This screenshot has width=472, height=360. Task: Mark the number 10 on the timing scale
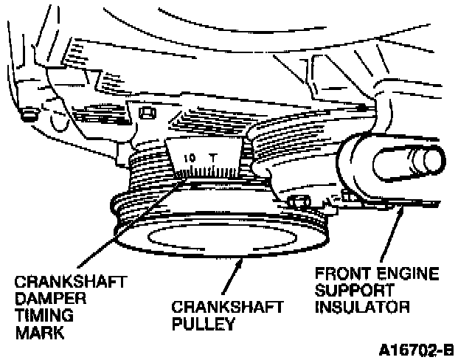coord(190,158)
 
